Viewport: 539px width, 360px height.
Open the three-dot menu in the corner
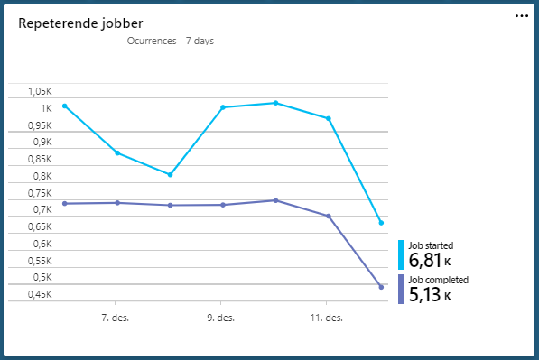point(522,15)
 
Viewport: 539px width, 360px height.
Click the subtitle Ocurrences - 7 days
point(167,41)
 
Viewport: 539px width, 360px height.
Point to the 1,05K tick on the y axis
point(39,92)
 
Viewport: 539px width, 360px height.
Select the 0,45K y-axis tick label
point(39,294)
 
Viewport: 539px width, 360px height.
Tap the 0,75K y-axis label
point(39,193)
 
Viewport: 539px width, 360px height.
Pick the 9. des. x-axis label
point(221,318)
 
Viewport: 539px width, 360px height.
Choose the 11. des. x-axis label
point(327,318)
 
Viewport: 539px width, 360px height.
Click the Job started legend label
point(431,245)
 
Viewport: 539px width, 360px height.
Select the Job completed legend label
point(438,280)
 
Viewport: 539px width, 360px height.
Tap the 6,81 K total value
point(430,261)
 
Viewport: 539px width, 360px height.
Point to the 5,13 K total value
point(430,294)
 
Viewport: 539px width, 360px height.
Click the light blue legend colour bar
point(401,254)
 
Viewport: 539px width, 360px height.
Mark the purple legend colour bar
point(401,289)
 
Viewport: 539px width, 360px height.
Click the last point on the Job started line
point(381,222)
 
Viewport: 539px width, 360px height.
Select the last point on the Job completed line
point(381,287)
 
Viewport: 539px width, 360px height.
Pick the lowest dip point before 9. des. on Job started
point(170,175)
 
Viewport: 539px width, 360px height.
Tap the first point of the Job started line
point(64,106)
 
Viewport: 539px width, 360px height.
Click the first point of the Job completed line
point(64,204)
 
